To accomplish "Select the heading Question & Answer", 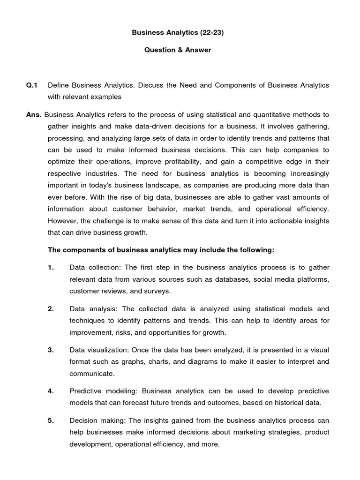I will click(x=177, y=50).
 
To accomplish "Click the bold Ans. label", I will click(x=34, y=114).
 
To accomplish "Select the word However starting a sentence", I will click(x=63, y=220).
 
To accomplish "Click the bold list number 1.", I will click(x=51, y=268).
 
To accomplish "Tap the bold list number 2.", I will click(x=51, y=309).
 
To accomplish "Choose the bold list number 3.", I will click(x=51, y=350).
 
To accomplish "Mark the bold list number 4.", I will click(x=51, y=391).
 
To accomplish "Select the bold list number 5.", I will click(x=51, y=420).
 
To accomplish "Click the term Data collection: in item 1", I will click(x=96, y=268).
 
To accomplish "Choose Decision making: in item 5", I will click(x=97, y=420).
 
